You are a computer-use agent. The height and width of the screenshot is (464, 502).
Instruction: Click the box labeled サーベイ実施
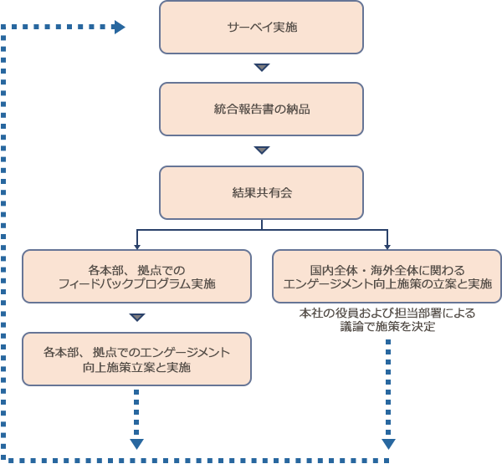(262, 28)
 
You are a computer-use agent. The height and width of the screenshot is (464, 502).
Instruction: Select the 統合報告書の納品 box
(262, 109)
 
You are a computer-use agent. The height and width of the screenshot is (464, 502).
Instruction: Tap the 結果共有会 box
(262, 192)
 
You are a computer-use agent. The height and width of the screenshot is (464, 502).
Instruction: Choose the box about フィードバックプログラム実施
(136, 276)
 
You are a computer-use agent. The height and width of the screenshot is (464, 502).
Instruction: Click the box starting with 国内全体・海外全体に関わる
(387, 276)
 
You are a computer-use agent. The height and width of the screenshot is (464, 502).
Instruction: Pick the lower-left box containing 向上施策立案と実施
(136, 359)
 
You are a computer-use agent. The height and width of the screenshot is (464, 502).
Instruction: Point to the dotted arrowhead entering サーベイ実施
(119, 28)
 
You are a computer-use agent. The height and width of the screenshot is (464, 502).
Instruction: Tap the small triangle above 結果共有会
(262, 150)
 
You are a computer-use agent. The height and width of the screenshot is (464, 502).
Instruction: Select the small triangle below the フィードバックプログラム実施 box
(137, 318)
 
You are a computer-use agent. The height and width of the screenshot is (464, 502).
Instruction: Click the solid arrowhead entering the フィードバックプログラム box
(137, 246)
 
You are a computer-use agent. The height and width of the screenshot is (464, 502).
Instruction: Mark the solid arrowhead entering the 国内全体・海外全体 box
(387, 246)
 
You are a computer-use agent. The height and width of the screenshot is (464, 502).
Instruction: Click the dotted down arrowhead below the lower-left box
(137, 443)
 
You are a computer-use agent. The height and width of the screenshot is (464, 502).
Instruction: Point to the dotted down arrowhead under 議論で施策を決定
(388, 443)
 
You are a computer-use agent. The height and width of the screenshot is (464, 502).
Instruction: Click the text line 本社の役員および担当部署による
(387, 314)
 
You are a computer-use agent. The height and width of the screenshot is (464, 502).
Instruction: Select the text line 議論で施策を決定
(387, 327)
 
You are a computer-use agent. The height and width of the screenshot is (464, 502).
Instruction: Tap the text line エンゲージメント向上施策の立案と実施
(387, 283)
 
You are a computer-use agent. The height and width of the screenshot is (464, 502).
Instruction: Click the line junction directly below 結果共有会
(262, 228)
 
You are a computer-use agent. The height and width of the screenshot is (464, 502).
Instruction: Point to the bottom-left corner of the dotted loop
(3, 459)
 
